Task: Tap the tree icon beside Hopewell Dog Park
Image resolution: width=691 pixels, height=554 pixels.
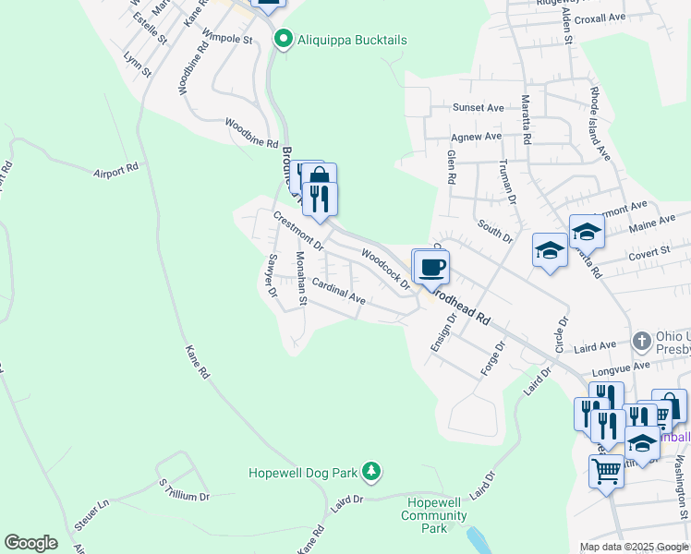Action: tap(370, 472)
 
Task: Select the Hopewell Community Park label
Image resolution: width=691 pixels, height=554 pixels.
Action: tap(434, 515)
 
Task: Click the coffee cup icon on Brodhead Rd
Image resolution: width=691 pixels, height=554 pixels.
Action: tap(431, 268)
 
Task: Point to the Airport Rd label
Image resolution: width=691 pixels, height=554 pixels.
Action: tap(115, 170)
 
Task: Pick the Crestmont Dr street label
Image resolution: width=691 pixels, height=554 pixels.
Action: tap(298, 231)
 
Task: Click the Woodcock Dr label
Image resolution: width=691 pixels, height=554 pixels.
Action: tap(385, 269)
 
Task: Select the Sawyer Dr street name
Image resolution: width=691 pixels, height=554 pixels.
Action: tap(272, 275)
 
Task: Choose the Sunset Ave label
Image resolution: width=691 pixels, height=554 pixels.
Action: tap(478, 108)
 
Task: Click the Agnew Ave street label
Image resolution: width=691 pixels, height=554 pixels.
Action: tap(478, 137)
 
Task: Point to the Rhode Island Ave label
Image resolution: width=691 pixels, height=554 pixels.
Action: tap(599, 124)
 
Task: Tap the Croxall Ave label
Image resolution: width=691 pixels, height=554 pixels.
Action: tap(600, 18)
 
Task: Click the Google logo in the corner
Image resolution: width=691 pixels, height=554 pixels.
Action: tap(30, 543)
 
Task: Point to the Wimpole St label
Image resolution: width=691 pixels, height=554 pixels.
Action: tap(227, 40)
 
